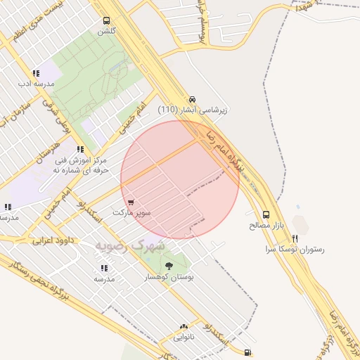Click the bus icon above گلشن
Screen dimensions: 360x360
[x=106, y=20]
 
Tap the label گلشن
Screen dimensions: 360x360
[x=106, y=32]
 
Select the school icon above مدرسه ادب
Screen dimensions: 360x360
[x=35, y=73]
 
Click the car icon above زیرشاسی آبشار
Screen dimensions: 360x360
[x=193, y=99]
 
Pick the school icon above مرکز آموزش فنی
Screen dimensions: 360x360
[x=81, y=149]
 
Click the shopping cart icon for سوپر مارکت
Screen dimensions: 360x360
[x=131, y=202]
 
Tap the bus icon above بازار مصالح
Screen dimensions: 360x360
[x=266, y=214]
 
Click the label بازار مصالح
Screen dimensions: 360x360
[x=265, y=226]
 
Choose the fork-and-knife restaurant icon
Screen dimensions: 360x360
[x=295, y=238]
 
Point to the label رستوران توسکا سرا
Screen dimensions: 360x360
[x=295, y=250]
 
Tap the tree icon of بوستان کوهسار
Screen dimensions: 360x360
[x=168, y=266]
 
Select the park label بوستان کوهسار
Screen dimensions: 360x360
[x=168, y=278]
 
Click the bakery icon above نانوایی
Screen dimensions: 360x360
[x=184, y=326]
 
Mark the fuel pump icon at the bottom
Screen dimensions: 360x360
[x=247, y=352]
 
